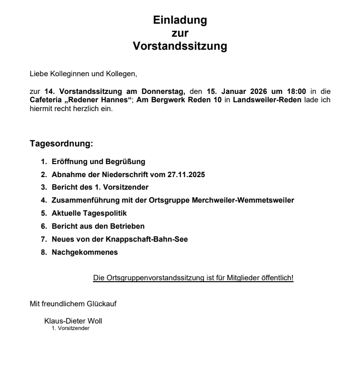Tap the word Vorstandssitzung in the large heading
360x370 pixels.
180,46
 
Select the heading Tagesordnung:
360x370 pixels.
61,144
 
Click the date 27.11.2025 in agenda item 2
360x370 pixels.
186,175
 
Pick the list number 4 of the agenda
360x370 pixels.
43,200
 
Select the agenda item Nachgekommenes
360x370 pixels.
85,252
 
